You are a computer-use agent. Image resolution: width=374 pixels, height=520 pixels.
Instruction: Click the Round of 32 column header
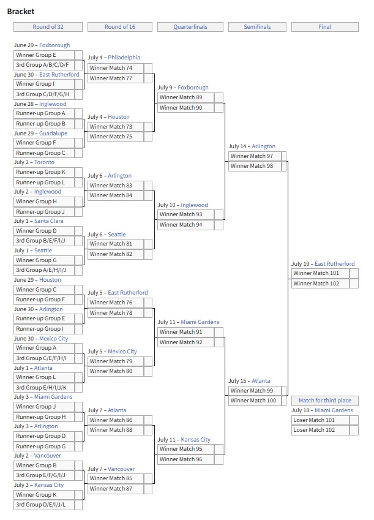tap(48, 27)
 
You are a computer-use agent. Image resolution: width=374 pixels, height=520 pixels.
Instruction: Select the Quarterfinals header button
tap(190, 27)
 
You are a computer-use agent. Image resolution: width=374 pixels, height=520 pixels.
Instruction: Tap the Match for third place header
tap(324, 401)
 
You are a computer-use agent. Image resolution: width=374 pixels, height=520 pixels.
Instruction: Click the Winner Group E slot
tap(44, 55)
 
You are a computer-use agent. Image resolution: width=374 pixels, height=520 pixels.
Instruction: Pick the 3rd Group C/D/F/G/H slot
tap(44, 94)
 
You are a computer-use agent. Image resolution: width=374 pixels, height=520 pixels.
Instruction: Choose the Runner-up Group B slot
tap(44, 124)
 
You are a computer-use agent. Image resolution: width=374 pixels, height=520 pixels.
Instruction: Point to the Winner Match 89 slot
tap(185, 97)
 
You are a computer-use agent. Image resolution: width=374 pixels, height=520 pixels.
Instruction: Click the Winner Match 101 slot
tap(320, 273)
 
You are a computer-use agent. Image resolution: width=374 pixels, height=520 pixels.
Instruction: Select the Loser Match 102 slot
tap(320, 430)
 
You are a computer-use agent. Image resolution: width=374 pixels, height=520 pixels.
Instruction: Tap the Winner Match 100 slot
tap(255, 401)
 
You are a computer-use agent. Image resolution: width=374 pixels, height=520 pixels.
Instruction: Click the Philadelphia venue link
tap(124, 58)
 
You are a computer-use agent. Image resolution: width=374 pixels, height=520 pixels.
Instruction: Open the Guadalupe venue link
tap(53, 134)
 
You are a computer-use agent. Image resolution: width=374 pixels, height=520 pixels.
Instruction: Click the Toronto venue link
tap(44, 162)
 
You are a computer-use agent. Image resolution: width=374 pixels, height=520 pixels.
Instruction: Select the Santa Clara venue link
tap(49, 221)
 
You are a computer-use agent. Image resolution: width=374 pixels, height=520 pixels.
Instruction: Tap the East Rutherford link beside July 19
tap(335, 264)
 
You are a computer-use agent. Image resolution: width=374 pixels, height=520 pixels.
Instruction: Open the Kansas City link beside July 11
tap(196, 440)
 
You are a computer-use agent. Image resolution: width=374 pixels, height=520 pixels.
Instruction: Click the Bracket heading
tap(21, 11)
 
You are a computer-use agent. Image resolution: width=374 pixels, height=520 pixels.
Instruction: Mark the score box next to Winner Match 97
tap(284, 156)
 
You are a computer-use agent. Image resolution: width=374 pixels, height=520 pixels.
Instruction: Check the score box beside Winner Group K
tap(78, 495)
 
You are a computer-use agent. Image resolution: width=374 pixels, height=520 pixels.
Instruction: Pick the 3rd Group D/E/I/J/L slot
tap(44, 505)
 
